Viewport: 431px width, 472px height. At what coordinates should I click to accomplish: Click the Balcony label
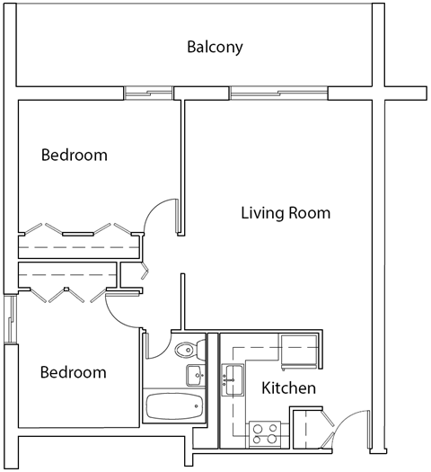click(x=215, y=47)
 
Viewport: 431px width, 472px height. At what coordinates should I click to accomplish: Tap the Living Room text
click(x=286, y=213)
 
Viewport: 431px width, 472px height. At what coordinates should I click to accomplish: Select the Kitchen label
click(x=288, y=388)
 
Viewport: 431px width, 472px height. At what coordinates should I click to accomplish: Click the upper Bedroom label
click(x=75, y=155)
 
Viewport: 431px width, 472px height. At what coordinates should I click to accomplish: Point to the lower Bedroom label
click(x=75, y=372)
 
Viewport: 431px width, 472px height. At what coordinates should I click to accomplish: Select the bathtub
click(x=173, y=407)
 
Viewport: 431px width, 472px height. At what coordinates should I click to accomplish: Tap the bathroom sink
click(x=194, y=374)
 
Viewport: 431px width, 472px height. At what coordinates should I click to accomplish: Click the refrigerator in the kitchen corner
click(x=299, y=352)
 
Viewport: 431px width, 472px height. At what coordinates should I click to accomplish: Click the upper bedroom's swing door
click(x=160, y=217)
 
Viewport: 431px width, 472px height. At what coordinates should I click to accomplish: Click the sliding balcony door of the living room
click(x=278, y=93)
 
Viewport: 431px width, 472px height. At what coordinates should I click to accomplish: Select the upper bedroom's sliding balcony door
click(x=148, y=93)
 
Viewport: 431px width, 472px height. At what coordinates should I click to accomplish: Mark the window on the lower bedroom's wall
click(x=10, y=319)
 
